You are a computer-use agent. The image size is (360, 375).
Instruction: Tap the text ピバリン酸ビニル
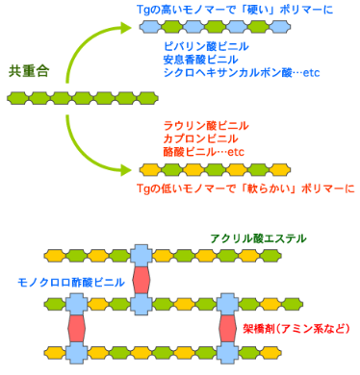point(205,46)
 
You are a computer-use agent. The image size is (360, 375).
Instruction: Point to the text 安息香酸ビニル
point(199,59)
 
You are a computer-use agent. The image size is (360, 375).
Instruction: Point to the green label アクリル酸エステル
point(257,237)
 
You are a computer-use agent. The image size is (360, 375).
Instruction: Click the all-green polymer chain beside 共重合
point(64,98)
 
